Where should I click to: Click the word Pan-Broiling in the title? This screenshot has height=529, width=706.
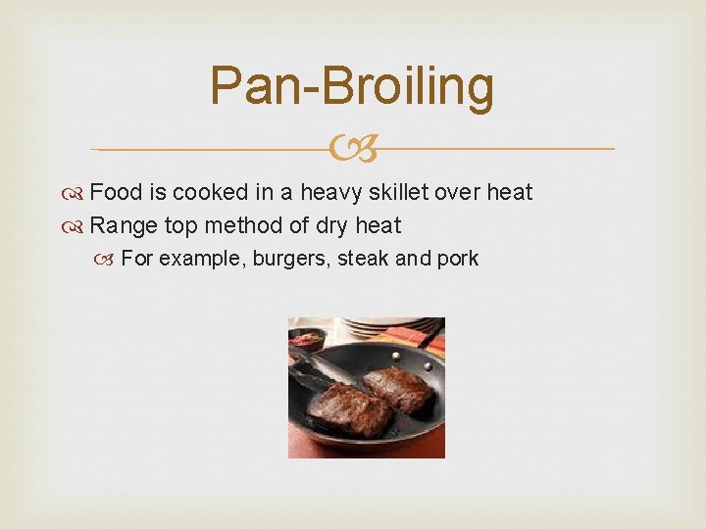pos(352,86)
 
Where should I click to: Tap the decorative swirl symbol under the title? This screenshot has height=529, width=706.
pos(353,150)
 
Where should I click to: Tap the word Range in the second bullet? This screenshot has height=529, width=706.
pos(124,226)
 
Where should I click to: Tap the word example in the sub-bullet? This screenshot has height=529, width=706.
pos(200,259)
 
